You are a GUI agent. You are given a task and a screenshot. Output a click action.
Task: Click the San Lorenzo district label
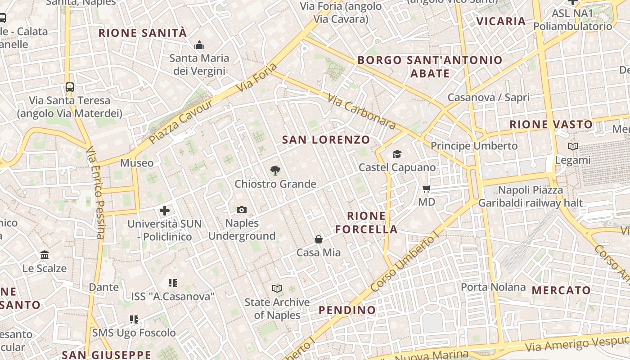pos(326,140)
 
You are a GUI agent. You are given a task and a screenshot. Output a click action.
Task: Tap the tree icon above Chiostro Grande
pos(275,171)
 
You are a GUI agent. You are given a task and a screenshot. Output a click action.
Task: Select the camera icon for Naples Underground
pos(242,210)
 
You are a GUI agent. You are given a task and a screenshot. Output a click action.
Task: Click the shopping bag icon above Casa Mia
pos(319,239)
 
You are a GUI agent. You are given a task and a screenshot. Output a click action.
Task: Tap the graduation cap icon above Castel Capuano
pos(397,154)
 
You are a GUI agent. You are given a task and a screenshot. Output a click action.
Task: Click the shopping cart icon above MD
pos(427,189)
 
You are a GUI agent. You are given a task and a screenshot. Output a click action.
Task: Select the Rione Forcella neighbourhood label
pos(366,222)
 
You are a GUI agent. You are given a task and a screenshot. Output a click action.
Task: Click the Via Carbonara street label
pos(361,111)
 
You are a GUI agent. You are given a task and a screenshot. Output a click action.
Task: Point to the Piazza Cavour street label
pos(181,121)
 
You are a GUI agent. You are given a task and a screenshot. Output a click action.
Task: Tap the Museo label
pos(137,163)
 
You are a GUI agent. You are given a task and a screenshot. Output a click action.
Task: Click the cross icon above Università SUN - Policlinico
pos(165,210)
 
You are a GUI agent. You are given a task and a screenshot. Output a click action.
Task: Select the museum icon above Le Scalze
pos(45,255)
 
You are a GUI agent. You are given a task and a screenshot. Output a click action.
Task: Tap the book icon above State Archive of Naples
pos(277,288)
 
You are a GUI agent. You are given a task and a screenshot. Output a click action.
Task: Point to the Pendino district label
pos(347,310)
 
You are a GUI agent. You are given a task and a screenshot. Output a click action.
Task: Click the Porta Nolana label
pos(493,287)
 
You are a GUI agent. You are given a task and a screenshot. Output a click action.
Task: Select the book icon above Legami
pos(573,146)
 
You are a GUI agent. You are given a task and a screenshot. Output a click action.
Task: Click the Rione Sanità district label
pos(142,33)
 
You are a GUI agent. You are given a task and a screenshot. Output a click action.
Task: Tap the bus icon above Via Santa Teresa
pos(69,87)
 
